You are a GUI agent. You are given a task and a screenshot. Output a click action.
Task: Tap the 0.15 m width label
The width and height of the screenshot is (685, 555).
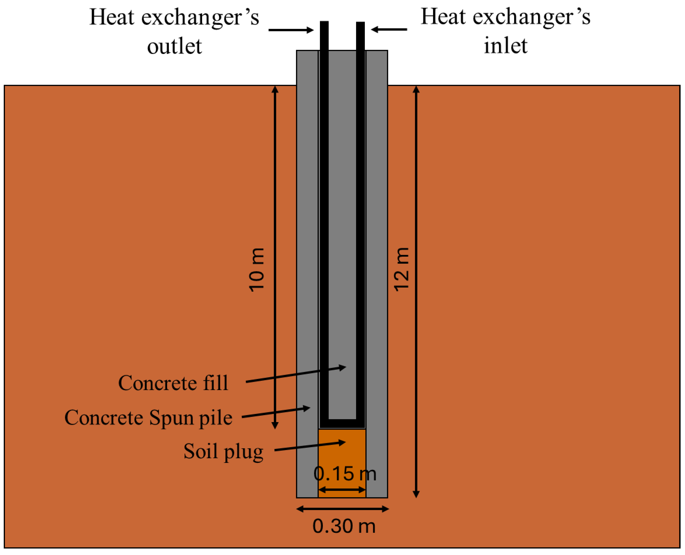[345, 474]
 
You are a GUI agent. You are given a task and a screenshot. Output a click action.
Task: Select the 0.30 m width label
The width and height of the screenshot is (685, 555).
[344, 526]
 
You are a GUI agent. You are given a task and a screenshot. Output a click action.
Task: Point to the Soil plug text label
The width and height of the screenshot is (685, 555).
[223, 451]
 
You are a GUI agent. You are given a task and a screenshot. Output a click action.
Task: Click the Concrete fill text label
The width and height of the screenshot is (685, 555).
[173, 383]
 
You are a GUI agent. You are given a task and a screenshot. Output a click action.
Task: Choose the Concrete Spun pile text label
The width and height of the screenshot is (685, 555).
[148, 417]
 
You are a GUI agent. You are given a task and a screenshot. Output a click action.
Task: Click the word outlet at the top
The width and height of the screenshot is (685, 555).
[174, 46]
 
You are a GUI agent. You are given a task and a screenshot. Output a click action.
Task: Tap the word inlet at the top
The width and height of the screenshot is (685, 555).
[505, 46]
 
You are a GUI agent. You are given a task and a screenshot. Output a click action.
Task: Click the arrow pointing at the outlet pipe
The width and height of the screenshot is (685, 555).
[291, 30]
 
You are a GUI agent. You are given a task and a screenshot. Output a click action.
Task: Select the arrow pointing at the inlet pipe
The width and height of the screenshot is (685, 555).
[389, 29]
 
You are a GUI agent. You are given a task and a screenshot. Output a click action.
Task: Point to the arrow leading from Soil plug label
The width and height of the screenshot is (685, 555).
[310, 446]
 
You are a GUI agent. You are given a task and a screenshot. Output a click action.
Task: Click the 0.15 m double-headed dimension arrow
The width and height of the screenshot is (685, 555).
[342, 489]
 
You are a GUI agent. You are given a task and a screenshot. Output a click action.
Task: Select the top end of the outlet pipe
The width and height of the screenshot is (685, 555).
[324, 24]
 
